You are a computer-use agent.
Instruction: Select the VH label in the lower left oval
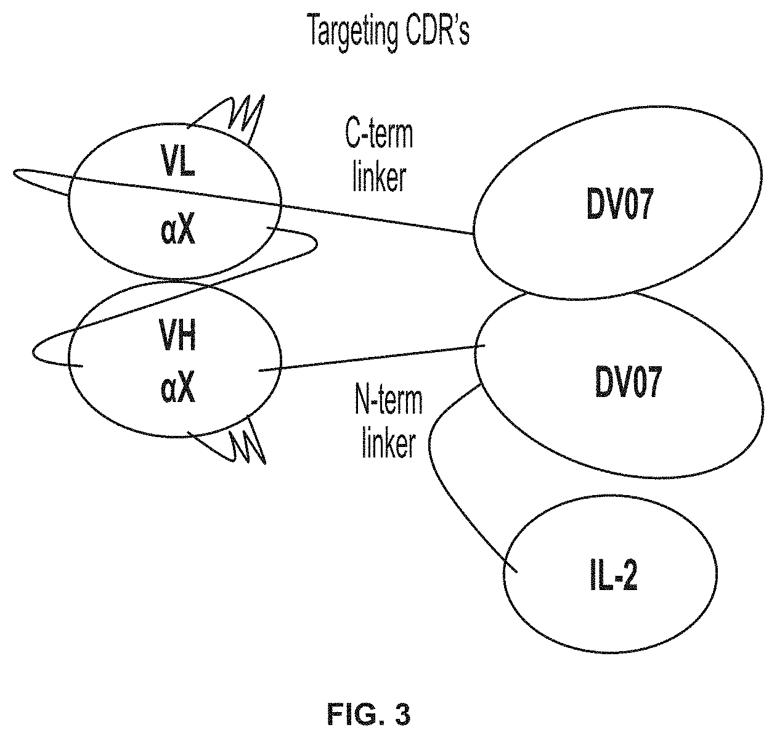pyautogui.click(x=177, y=335)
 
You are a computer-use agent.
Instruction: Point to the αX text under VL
pyautogui.click(x=178, y=231)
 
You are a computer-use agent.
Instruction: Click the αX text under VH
pyautogui.click(x=178, y=390)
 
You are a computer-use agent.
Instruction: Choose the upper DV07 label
pyautogui.click(x=619, y=203)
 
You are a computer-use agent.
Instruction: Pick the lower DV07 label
pyautogui.click(x=628, y=382)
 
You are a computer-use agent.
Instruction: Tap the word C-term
pyautogui.click(x=379, y=134)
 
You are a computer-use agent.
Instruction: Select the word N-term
pyautogui.click(x=388, y=401)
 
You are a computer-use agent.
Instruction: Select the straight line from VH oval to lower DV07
pyautogui.click(x=372, y=358)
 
